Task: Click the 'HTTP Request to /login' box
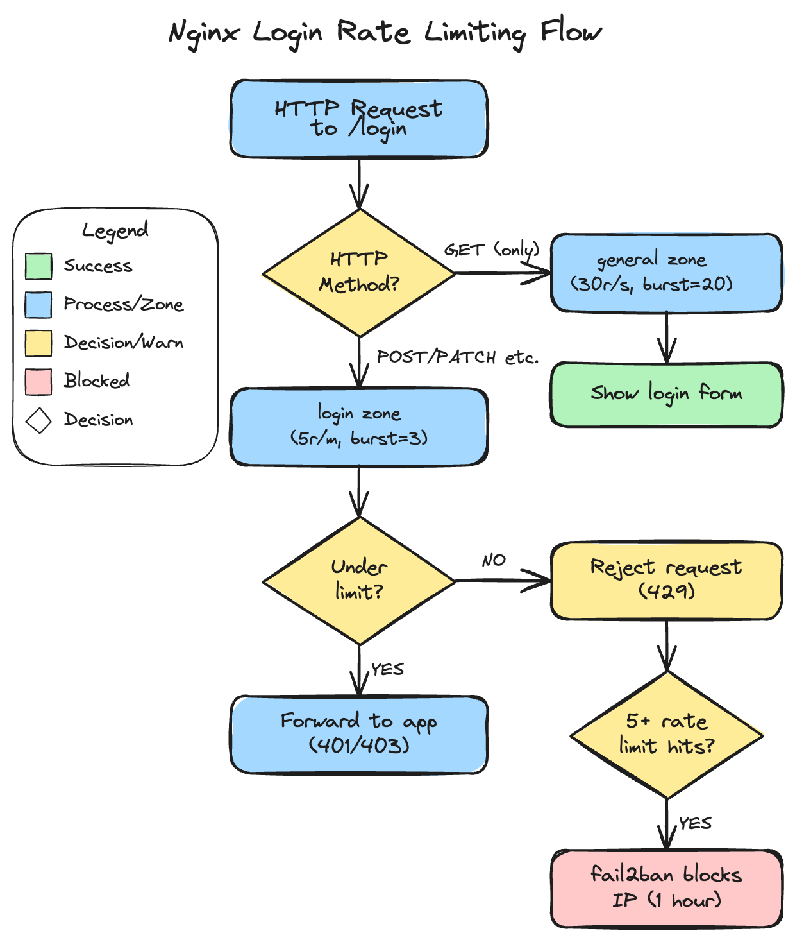click(x=359, y=119)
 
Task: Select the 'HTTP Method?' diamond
click(x=359, y=273)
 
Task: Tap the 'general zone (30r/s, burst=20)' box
click(x=667, y=273)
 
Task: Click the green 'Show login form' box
click(x=667, y=395)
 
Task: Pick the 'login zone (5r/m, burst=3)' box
click(x=359, y=427)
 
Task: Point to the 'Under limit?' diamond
click(x=359, y=581)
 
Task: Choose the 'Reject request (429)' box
click(x=667, y=581)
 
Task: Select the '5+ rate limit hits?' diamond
click(x=667, y=735)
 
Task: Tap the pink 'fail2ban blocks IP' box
click(x=667, y=889)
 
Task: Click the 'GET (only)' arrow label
click(x=492, y=250)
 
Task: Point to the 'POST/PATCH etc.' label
click(x=458, y=357)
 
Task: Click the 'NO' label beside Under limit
click(x=494, y=561)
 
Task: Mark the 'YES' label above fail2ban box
click(x=696, y=823)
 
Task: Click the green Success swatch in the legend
click(x=38, y=266)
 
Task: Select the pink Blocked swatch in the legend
click(x=38, y=382)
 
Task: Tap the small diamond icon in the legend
click(x=38, y=421)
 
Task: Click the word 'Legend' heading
click(x=115, y=230)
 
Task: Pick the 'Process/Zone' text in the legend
click(x=124, y=305)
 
